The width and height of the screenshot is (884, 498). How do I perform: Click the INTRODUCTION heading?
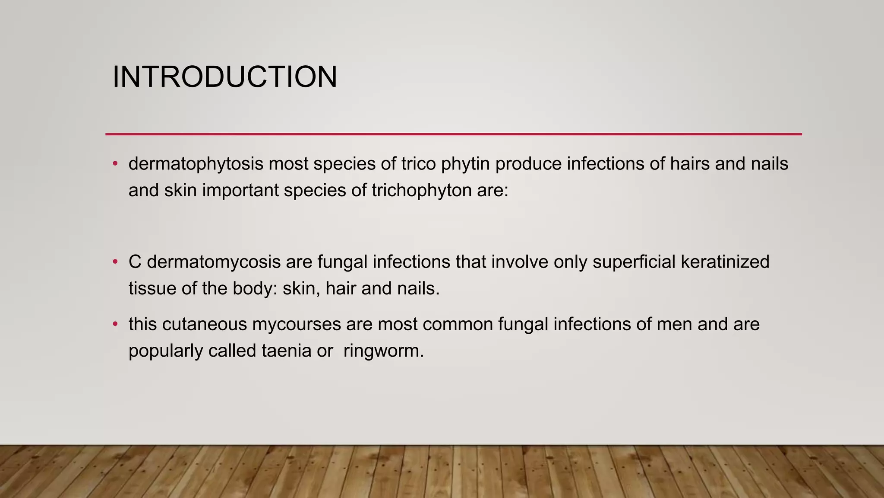tap(224, 77)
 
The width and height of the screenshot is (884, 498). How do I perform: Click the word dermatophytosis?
tap(196, 164)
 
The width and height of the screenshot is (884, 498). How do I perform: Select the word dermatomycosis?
tap(214, 262)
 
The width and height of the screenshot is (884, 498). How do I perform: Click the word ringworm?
tap(383, 351)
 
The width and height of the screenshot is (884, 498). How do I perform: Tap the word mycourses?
tap(297, 324)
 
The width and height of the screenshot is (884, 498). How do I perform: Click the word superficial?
tap(634, 262)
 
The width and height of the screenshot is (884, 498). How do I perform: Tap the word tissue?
tap(152, 288)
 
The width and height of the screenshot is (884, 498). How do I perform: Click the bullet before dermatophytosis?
tap(115, 164)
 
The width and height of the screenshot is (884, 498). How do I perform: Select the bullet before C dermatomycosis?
tap(115, 262)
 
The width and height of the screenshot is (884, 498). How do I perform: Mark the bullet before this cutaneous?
tap(115, 324)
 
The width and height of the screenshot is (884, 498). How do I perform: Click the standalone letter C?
tap(135, 262)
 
